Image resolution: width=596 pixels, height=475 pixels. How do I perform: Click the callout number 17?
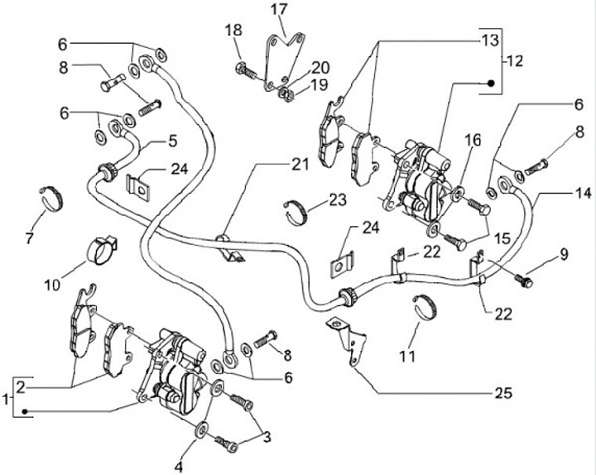coord(279,10)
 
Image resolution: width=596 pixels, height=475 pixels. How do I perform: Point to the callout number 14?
coord(583,193)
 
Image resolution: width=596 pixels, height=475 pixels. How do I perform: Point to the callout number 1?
coord(8,399)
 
